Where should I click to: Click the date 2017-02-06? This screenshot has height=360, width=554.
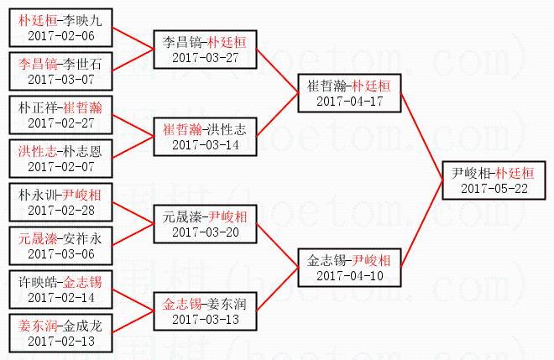pos(61,36)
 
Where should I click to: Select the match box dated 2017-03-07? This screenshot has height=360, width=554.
pos(60,71)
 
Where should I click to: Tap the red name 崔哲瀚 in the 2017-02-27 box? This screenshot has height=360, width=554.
pos(82,107)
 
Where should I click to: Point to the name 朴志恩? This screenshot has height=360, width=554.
pos(82,152)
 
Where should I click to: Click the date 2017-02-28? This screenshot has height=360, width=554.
pos(61,211)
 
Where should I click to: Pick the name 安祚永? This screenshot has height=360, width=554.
pos(82,239)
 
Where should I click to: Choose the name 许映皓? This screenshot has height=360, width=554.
pos(38,282)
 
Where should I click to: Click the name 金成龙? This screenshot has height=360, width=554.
pos(82,326)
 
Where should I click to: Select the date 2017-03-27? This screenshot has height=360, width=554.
pos(206,58)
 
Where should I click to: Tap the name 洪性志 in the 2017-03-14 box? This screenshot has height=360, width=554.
pos(227,130)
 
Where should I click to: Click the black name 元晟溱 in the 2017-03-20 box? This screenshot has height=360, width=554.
pos(182,217)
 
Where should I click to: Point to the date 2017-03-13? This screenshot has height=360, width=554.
pos(206,320)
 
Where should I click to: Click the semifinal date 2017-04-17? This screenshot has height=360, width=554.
pos(350,102)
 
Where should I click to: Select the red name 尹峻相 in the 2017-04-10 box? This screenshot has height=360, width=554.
pos(371,261)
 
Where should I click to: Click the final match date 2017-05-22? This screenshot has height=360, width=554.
pos(494,189)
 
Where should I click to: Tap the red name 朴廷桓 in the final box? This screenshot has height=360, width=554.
pos(515,173)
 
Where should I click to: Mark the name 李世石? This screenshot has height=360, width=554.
pos(82,65)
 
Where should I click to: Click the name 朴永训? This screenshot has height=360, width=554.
pos(38,195)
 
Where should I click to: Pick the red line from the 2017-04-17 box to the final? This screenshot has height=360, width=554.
pos(422,137)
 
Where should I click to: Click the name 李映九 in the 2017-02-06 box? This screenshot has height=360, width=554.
pos(82,20)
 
